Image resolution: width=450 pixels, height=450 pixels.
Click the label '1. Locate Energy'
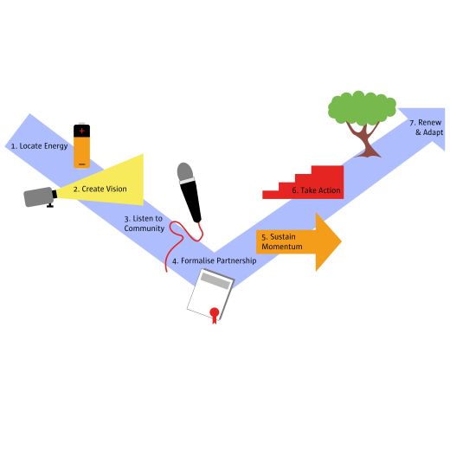[39, 146]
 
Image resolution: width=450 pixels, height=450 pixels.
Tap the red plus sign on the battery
[82, 131]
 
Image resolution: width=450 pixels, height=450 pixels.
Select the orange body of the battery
[82, 151]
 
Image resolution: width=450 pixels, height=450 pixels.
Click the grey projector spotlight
[40, 197]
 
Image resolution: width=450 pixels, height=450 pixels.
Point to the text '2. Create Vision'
[100, 190]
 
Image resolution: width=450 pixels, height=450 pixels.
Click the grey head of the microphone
[185, 172]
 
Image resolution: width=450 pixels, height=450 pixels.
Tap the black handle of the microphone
[190, 201]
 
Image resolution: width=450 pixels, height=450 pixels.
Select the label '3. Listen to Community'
[144, 223]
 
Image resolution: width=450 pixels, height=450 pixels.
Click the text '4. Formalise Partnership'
[215, 260]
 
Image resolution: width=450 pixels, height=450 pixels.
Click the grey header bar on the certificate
[216, 280]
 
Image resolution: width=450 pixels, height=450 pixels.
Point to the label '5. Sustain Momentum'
[282, 241]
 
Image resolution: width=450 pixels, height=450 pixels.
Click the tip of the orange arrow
[341, 241]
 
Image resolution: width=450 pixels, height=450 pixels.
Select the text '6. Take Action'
[316, 190]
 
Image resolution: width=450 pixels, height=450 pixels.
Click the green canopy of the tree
[362, 108]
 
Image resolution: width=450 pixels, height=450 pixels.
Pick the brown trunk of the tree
[366, 140]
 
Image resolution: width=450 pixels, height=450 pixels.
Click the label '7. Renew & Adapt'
[426, 127]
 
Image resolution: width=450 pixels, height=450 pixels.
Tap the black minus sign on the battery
[82, 164]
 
